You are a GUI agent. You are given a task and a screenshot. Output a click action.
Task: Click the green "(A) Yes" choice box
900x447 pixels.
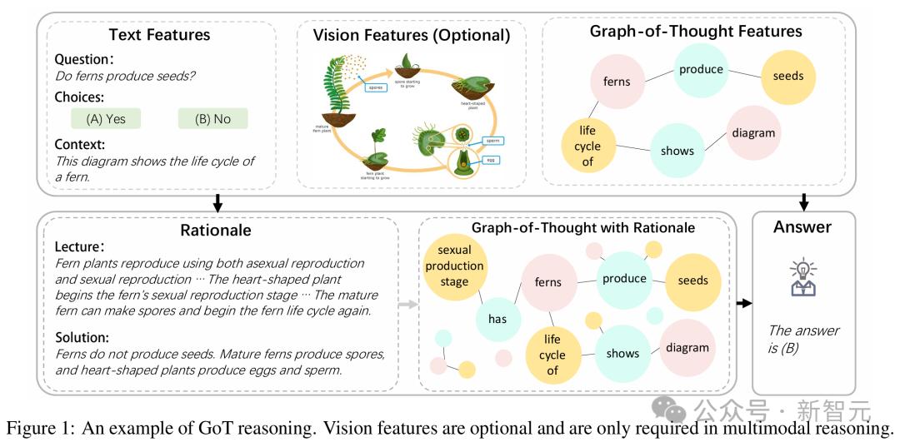[106, 118]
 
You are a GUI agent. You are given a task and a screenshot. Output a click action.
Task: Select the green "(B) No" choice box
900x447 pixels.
[212, 118]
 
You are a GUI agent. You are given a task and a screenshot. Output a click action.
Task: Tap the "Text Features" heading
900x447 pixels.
[159, 35]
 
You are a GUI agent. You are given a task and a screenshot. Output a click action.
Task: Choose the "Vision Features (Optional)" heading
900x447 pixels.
[411, 35]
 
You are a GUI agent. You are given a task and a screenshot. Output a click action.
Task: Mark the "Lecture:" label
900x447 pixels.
[81, 247]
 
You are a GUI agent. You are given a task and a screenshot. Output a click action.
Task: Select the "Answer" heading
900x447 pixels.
[802, 226]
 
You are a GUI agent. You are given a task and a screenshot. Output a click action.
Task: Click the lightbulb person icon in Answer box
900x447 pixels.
[802, 277]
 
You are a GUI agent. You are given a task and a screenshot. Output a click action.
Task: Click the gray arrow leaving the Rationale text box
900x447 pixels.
[407, 305]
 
